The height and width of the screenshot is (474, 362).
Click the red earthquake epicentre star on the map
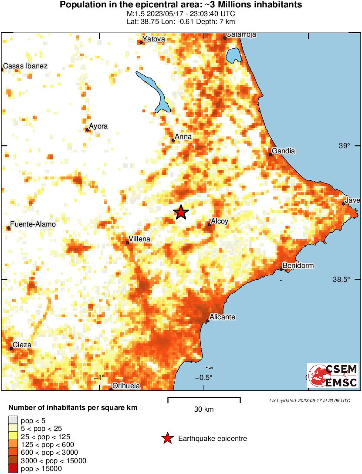(x=181, y=212)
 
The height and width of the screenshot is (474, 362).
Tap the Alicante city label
(x=222, y=317)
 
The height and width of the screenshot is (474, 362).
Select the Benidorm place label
(x=298, y=265)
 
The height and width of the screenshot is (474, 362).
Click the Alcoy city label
(x=219, y=222)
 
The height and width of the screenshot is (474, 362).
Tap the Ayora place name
(x=98, y=126)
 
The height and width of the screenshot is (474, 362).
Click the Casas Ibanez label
(x=25, y=66)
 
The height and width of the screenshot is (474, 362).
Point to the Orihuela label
(x=126, y=386)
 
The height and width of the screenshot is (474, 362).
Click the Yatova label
(x=154, y=39)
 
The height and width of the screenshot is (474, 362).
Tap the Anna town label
(x=183, y=137)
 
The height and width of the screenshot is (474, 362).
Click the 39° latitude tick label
(x=345, y=146)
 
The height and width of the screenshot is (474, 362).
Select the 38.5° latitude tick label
(x=342, y=279)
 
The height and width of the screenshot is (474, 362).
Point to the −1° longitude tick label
(x=100, y=377)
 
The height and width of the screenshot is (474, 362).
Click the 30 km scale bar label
(x=204, y=409)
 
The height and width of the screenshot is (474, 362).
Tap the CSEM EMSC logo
(x=333, y=376)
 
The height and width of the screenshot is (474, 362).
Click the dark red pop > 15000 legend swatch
(x=13, y=469)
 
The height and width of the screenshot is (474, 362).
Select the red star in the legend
(x=167, y=438)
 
